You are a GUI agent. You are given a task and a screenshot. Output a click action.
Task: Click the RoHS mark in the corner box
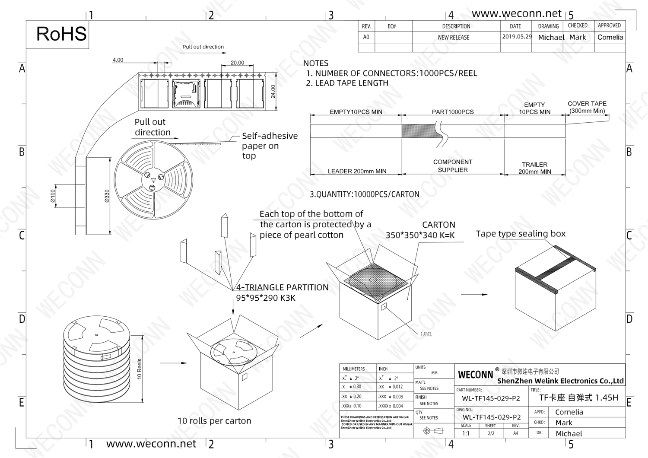point(61,34)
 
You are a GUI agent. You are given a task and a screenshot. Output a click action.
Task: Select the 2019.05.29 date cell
point(517,37)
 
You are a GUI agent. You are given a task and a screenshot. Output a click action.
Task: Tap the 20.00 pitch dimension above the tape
point(237,63)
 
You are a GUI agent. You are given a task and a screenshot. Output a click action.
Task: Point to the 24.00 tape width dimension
point(273,92)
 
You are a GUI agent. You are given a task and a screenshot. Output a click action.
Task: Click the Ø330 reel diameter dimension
point(107,196)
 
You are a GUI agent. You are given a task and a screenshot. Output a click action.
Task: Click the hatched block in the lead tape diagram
point(418,130)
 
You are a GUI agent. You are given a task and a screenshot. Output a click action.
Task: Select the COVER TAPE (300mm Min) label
point(587,107)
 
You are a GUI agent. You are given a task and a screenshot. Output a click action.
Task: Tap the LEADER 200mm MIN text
point(357,171)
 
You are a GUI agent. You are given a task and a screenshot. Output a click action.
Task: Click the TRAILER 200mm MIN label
point(534,168)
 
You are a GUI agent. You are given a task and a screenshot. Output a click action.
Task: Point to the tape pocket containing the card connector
point(187,93)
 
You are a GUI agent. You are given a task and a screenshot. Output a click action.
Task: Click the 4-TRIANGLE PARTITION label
point(282,288)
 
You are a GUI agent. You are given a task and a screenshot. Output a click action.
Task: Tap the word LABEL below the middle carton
point(426,334)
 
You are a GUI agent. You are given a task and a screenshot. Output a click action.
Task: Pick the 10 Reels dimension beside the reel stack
point(139,369)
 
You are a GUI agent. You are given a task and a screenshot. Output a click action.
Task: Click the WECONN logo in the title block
point(475,374)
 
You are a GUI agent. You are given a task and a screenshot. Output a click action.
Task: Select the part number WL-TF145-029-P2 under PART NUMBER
point(491,398)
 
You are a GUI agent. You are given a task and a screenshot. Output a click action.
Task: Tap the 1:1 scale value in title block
point(466,433)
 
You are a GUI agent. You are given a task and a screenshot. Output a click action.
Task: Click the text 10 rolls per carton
point(214,421)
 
